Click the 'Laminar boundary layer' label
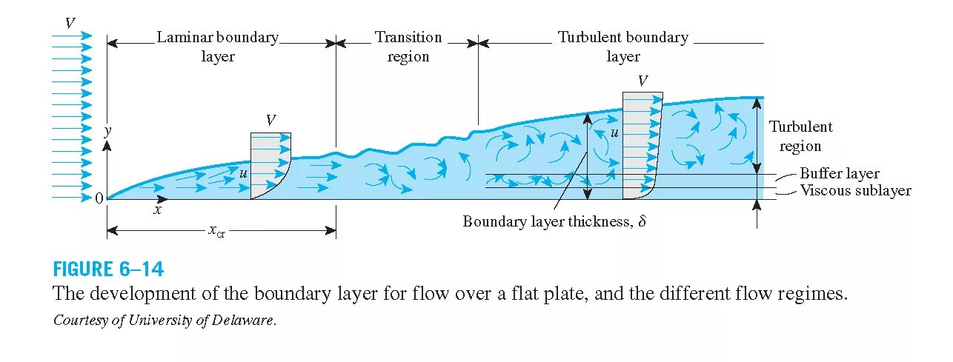(x=217, y=47)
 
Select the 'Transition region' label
(x=408, y=47)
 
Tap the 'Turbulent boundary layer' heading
(x=622, y=47)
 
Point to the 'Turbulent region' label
(x=800, y=136)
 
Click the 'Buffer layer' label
(x=839, y=174)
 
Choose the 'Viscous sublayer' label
(x=855, y=190)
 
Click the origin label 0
(x=99, y=198)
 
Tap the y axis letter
(x=107, y=130)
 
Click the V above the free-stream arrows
(x=70, y=22)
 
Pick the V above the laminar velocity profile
(x=271, y=120)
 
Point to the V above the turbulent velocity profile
(x=642, y=81)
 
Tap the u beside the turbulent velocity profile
(x=614, y=133)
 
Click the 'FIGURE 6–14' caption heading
(x=108, y=268)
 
